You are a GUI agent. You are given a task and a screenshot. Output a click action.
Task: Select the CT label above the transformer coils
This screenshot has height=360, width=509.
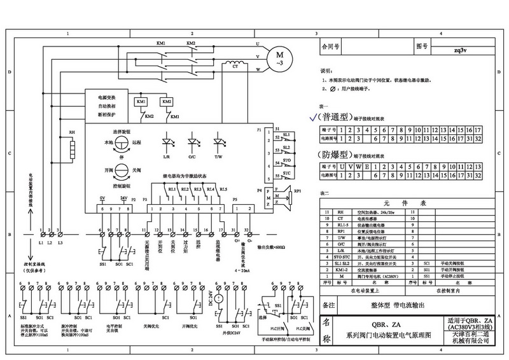pos(235,64)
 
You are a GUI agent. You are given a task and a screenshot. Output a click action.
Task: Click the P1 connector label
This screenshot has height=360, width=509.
pos(260,130)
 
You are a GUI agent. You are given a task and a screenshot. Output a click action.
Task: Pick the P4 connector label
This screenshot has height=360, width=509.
pos(260,190)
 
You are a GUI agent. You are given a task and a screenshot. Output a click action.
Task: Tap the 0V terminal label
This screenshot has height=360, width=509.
pos(102,199)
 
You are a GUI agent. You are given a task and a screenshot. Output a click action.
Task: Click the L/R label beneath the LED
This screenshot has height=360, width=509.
pos(166,156)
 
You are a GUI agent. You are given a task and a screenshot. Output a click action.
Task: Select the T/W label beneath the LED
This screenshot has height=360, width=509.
pos(218,156)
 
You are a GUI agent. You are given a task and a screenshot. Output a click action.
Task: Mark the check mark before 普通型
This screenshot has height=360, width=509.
pos(312,118)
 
